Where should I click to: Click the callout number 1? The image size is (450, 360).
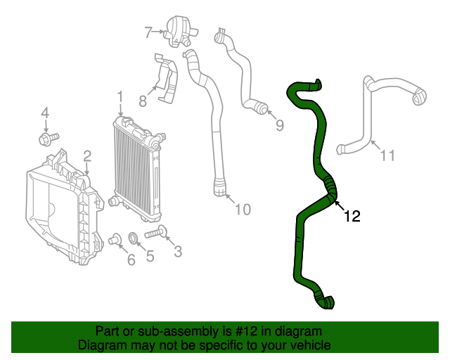pos(120,97)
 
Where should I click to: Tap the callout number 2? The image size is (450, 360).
pos(87,155)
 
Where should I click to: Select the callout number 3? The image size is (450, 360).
pos(177,251)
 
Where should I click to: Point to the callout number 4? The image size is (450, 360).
pos(45,112)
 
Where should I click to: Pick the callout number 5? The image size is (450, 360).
pos(150,257)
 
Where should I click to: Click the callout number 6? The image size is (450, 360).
pos(131,261)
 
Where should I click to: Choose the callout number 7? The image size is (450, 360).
pos(148,32)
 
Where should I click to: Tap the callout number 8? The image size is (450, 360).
pos(143,101)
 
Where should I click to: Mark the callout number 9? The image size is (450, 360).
pos(279,126)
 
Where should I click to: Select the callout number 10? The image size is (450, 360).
pos(242,209)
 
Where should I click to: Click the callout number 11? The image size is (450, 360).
pos(387,155)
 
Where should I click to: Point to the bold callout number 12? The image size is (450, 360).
pos(352,217)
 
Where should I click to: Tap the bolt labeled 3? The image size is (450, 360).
pos(154,233)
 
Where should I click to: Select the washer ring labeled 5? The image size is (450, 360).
pos(134,239)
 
